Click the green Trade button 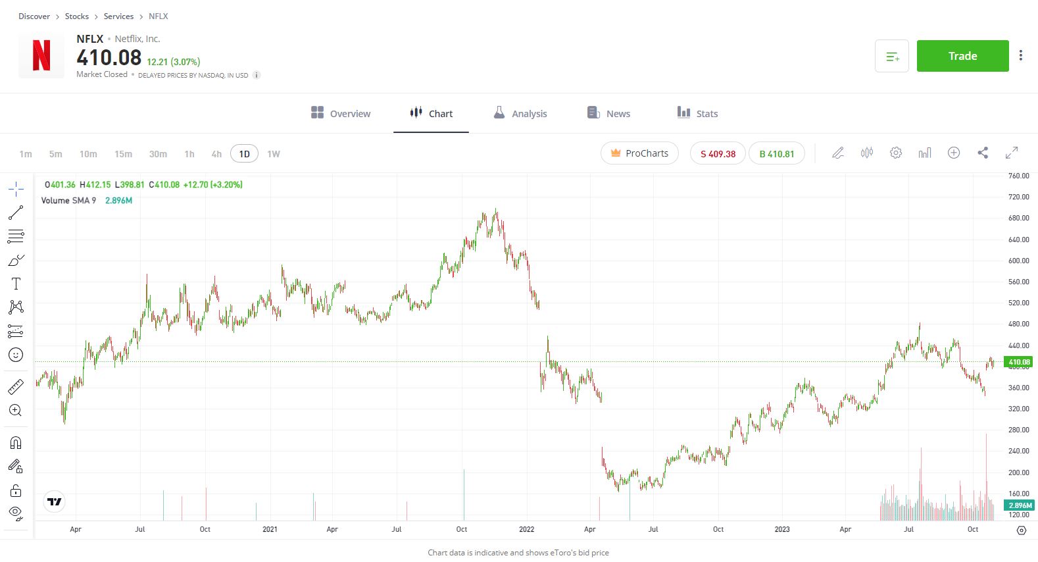click(962, 56)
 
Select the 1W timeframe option click(274, 154)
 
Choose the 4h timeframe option click(216, 154)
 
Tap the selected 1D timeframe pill click(244, 154)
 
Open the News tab click(608, 113)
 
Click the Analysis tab click(520, 113)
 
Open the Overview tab click(341, 113)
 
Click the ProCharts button click(639, 153)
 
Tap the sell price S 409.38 click(718, 154)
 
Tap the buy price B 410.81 click(777, 154)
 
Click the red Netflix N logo click(41, 56)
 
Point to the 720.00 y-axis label click(1018, 197)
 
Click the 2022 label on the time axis click(526, 529)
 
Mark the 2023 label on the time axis click(782, 529)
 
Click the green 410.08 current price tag click(1019, 362)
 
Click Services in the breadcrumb click(118, 16)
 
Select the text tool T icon click(16, 284)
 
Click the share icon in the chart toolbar click(983, 153)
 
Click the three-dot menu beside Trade click(1020, 56)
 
